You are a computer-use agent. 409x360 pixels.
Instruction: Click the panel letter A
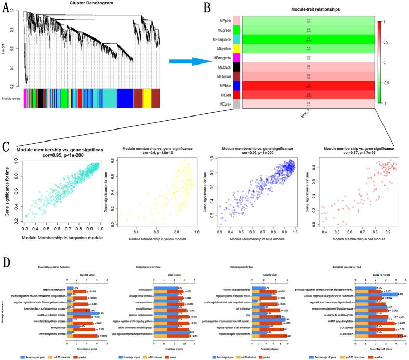[x=7, y=9]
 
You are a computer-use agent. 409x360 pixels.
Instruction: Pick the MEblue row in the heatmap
[x=307, y=84]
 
